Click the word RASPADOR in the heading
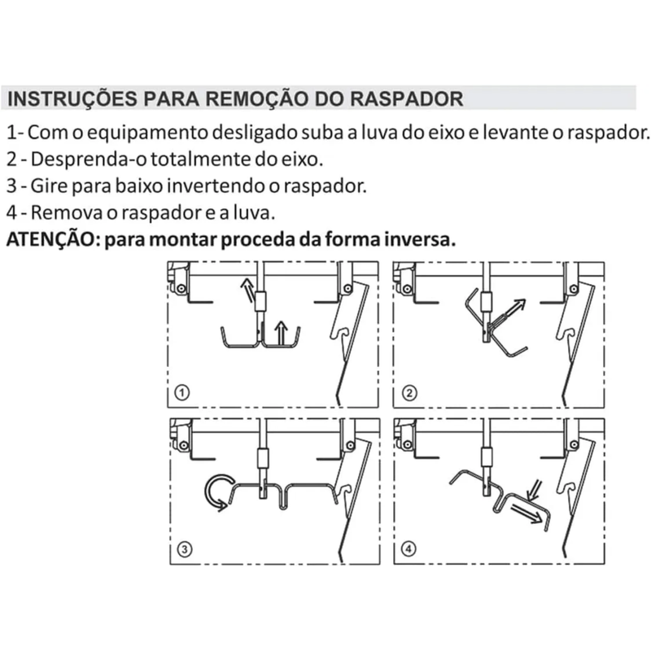pyautogui.click(x=406, y=98)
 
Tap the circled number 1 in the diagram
pyautogui.click(x=181, y=392)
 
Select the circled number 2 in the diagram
pyautogui.click(x=409, y=393)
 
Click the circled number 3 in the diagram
pyautogui.click(x=185, y=549)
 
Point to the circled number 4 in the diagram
pyautogui.click(x=409, y=548)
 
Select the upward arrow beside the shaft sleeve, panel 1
pyautogui.click(x=247, y=291)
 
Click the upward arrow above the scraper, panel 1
pyautogui.click(x=282, y=333)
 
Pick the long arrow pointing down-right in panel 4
pyautogui.click(x=527, y=513)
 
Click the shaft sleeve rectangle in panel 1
pyautogui.click(x=260, y=301)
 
